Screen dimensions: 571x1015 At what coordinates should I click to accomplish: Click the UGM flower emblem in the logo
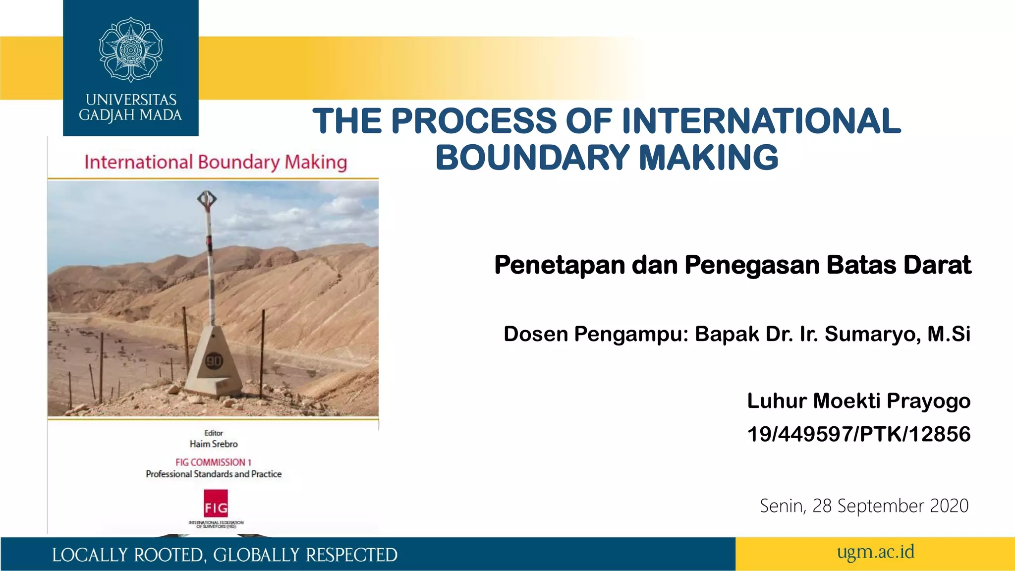(x=130, y=50)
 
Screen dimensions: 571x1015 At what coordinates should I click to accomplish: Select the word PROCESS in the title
(x=474, y=121)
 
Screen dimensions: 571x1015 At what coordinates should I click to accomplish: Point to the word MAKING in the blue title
(x=709, y=158)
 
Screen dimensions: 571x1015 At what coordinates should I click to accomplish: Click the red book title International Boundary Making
(x=216, y=163)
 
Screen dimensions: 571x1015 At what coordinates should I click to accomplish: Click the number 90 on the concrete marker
(x=214, y=361)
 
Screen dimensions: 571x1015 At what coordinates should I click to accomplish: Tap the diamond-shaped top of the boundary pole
(x=207, y=200)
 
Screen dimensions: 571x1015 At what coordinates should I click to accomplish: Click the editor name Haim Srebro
(x=214, y=444)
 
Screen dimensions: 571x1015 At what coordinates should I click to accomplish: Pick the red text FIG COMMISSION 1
(x=213, y=462)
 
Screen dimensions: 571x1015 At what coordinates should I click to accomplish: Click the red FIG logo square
(x=216, y=504)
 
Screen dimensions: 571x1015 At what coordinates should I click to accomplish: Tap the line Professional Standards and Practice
(x=214, y=474)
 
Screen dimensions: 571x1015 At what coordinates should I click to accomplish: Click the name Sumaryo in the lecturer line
(x=872, y=334)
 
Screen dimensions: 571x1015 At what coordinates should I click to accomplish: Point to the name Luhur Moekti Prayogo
(x=858, y=401)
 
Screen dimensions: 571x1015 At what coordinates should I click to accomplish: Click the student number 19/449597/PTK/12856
(x=858, y=434)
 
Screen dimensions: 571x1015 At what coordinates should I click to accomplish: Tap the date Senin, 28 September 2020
(x=864, y=506)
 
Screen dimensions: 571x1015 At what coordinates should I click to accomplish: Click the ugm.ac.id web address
(x=875, y=552)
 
